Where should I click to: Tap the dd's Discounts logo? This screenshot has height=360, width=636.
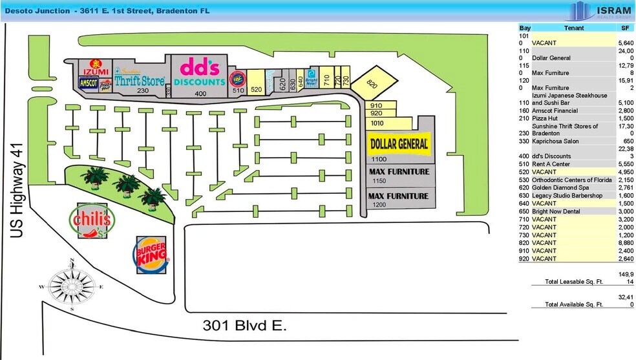(200, 72)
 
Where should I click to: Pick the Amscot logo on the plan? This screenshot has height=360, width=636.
(87, 82)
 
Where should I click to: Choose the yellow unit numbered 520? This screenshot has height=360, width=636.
(255, 89)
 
